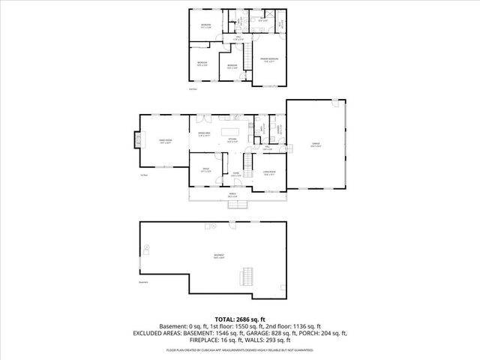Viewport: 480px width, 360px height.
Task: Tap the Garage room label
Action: (316, 147)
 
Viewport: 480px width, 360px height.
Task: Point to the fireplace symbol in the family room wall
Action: (137, 140)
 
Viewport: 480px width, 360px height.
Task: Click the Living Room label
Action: (268, 173)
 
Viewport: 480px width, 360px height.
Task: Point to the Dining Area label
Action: (203, 133)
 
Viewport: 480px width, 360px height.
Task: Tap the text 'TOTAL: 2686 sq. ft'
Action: (239, 319)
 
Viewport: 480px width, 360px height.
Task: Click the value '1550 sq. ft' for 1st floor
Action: (256, 326)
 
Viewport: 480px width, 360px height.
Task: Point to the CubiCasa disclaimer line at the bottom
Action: (239, 349)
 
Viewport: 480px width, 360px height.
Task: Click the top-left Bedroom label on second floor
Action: (205, 26)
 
